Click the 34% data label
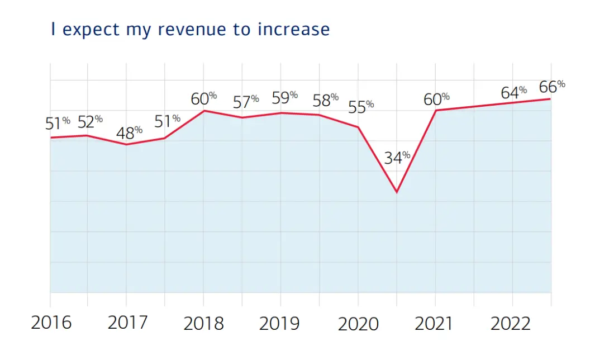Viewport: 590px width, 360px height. [x=397, y=158]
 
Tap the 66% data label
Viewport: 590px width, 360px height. [x=551, y=87]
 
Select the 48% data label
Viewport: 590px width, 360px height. [x=129, y=133]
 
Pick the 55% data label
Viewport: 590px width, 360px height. [x=360, y=107]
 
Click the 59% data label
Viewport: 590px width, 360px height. [x=284, y=97]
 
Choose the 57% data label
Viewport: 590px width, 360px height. [x=246, y=102]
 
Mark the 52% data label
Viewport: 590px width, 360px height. [x=90, y=121]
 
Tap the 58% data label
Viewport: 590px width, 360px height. [x=325, y=101]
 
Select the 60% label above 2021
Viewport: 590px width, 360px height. [x=436, y=99]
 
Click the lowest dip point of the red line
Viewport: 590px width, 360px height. [x=397, y=192]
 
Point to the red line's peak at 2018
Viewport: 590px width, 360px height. [x=203, y=111]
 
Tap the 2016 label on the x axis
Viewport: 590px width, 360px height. [x=51, y=323]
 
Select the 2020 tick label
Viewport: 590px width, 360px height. [x=358, y=323]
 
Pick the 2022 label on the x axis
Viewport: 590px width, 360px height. [x=510, y=323]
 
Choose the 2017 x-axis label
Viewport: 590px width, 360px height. [x=127, y=323]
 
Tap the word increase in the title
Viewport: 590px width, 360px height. [x=293, y=29]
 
